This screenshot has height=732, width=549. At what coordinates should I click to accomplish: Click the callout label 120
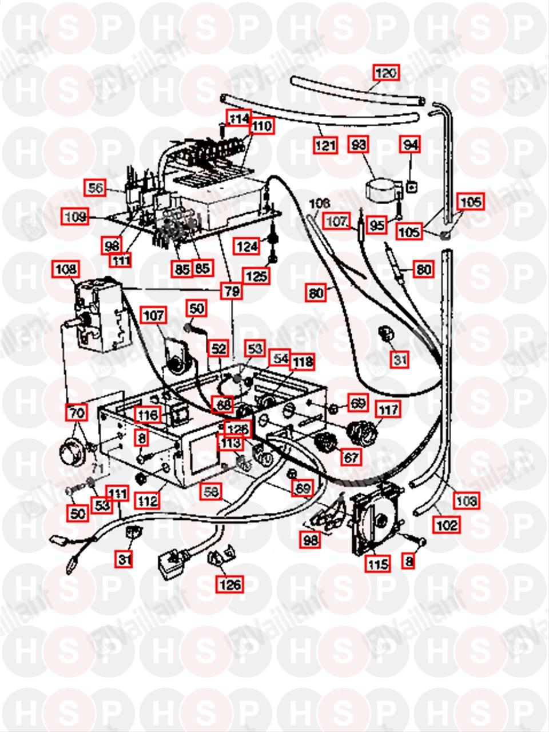pos(385,73)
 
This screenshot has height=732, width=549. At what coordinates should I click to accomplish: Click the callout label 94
pos(410,145)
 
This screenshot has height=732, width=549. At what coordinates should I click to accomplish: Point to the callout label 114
pos(238,118)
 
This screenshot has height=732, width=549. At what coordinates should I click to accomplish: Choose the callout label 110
pos(262,125)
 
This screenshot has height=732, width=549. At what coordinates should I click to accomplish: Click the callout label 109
pos(76,217)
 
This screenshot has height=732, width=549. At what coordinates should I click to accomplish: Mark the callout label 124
pos(246,247)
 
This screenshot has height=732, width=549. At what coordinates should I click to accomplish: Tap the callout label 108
pos(66,269)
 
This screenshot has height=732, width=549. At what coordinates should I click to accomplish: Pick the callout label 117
pos(388,409)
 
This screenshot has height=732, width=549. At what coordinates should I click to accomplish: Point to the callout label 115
pos(378,564)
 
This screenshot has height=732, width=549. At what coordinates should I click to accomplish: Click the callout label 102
pos(446,524)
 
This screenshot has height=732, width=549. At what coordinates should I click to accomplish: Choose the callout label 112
pos(150,501)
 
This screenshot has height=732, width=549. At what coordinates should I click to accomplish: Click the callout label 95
pos(377,225)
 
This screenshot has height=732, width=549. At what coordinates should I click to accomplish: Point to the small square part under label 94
pos(411,185)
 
